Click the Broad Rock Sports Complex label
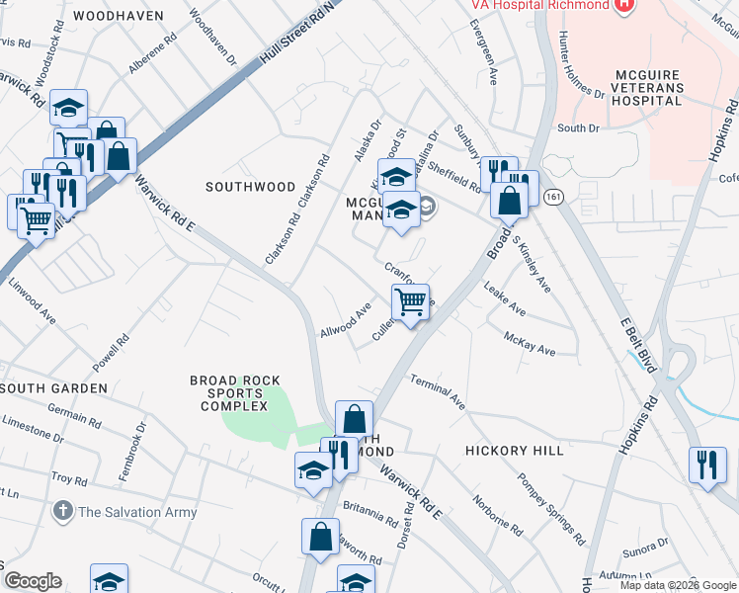[235, 392]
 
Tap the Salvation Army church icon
[62, 511]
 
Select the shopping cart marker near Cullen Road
[410, 301]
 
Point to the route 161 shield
[553, 197]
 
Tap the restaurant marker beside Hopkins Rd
[706, 465]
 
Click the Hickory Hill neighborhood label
[515, 451]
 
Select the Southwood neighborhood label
[250, 187]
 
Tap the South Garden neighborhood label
[54, 388]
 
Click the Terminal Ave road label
[438, 391]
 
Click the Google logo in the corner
[33, 581]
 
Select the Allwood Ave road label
[345, 320]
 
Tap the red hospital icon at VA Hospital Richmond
[623, 6]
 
